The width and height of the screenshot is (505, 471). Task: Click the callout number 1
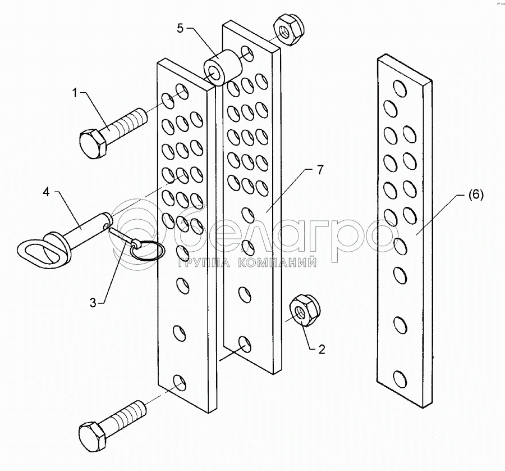tap(75, 93)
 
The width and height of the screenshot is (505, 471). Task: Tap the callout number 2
tap(322, 350)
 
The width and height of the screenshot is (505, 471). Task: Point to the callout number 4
tap(46, 192)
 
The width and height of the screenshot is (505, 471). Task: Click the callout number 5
tap(180, 28)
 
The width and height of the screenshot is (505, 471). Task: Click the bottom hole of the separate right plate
tap(400, 379)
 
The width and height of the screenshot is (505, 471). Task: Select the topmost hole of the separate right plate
tap(400, 87)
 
